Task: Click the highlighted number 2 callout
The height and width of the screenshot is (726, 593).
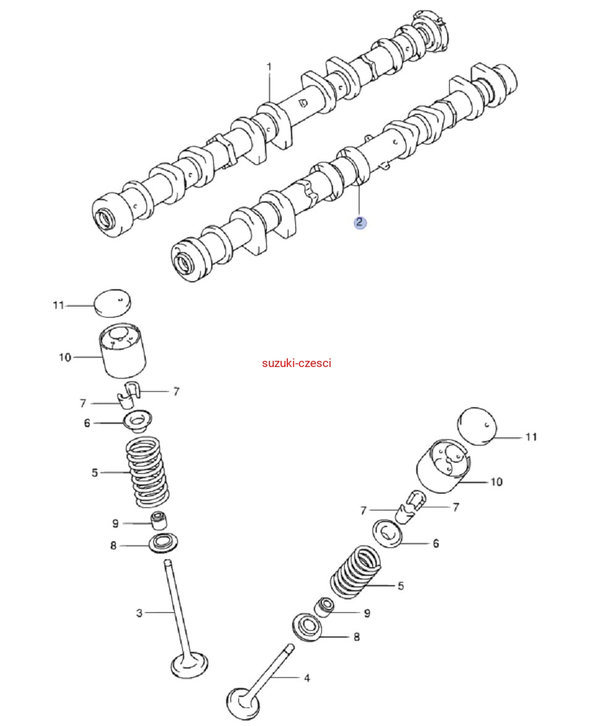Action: pos(360,222)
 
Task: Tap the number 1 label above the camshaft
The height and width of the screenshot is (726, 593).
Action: pos(269,65)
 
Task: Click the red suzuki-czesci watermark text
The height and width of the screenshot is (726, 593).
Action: pos(296,363)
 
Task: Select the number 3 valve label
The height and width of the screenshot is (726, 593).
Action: pos(139,612)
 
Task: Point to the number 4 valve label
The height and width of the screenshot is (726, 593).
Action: pos(306,678)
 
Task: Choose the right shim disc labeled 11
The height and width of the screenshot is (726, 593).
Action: pos(477,425)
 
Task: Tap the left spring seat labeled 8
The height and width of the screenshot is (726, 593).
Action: pos(164,544)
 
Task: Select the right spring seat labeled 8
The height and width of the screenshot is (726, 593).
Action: pos(308,628)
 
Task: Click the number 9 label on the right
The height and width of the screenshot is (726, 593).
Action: pos(367,613)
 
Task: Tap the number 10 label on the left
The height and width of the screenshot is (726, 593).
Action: pos(65,357)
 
